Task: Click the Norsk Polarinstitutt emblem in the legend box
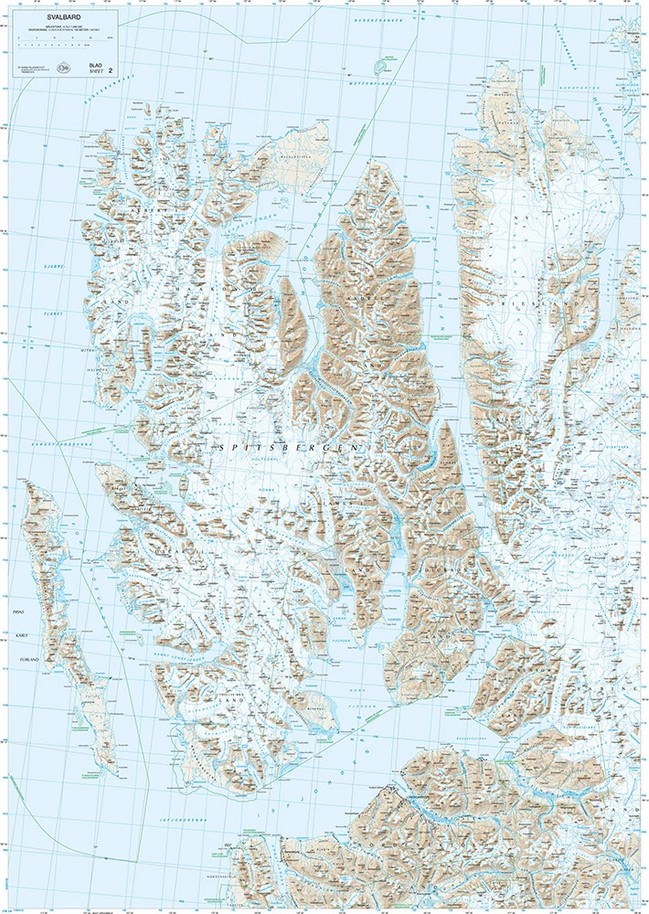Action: tap(63, 67)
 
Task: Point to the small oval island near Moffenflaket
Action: tap(378, 67)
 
